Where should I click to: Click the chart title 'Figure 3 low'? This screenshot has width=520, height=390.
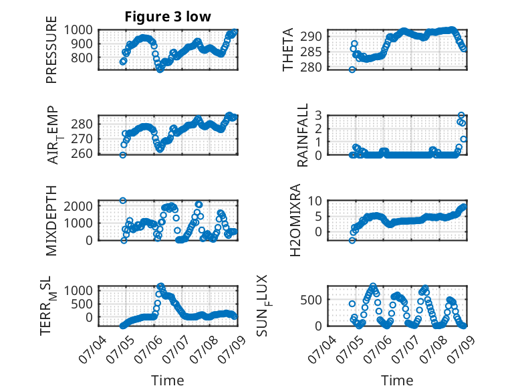pyautogui.click(x=168, y=17)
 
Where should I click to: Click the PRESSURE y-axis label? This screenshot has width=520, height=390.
pyautogui.click(x=51, y=50)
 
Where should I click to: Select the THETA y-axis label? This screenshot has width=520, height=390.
pyautogui.click(x=288, y=50)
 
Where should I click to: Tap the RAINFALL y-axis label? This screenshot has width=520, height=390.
pyautogui.click(x=303, y=135)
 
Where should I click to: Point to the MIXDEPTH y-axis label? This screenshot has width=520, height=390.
pyautogui.click(x=51, y=221)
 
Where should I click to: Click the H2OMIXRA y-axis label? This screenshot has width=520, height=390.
pyautogui.click(x=295, y=220)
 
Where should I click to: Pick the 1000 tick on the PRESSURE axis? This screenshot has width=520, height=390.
pyautogui.click(x=78, y=30)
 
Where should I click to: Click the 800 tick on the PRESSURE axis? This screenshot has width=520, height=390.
pyautogui.click(x=82, y=58)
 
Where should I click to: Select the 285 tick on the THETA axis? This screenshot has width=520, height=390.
pyautogui.click(x=311, y=52)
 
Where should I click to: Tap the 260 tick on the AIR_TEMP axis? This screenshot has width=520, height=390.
pyautogui.click(x=82, y=154)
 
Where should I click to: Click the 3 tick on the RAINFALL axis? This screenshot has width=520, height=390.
pyautogui.click(x=319, y=115)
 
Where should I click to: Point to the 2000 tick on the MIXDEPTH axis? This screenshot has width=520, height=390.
pyautogui.click(x=78, y=206)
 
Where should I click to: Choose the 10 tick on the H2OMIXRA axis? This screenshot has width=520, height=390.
pyautogui.click(x=315, y=201)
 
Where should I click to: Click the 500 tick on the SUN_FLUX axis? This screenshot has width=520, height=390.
pyautogui.click(x=311, y=300)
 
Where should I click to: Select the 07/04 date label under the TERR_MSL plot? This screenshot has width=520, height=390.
pyautogui.click(x=93, y=349)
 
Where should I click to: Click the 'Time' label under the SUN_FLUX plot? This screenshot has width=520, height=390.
pyautogui.click(x=397, y=380)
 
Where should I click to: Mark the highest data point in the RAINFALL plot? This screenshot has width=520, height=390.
pyautogui.click(x=461, y=115)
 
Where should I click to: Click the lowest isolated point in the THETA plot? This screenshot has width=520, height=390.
pyautogui.click(x=352, y=70)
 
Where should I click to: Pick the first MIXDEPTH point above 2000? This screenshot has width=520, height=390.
pyautogui.click(x=123, y=201)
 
